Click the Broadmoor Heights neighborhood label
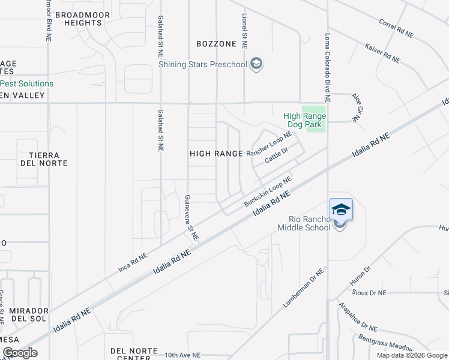tap(78, 19)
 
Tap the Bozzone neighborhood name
tap(216, 44)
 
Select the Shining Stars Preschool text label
tap(203, 64)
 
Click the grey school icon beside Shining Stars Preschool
tap(256, 64)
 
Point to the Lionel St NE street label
tap(244, 31)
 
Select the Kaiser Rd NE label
tap(382, 52)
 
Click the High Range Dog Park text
tap(304, 121)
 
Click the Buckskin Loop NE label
tap(268, 191)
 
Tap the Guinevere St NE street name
tap(191, 218)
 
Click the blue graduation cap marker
tap(340, 209)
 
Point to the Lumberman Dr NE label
tap(304, 289)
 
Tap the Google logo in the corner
tap(20, 352)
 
